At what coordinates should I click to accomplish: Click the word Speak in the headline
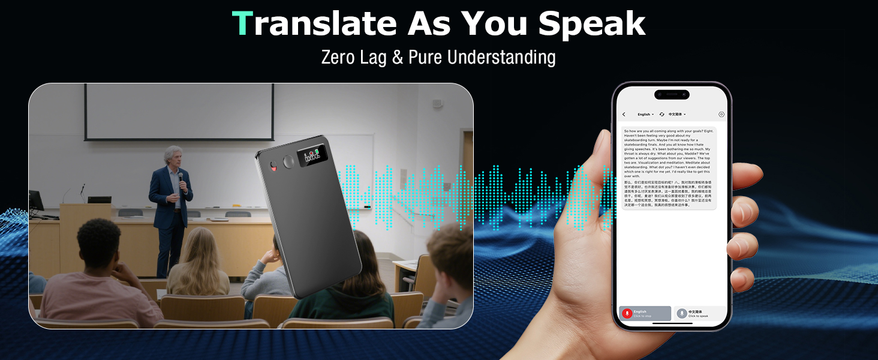(x=591, y=24)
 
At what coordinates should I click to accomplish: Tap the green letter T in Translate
(x=242, y=24)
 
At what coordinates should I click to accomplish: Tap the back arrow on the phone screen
(x=624, y=114)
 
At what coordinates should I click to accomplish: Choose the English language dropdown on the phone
(x=645, y=114)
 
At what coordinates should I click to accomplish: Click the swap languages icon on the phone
(x=661, y=114)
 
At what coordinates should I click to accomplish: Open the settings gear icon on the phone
(x=721, y=114)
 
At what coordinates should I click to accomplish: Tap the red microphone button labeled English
(x=627, y=313)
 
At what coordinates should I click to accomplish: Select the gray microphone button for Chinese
(x=682, y=313)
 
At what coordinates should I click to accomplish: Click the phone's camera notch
(x=672, y=94)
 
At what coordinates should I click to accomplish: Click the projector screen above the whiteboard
(x=179, y=111)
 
